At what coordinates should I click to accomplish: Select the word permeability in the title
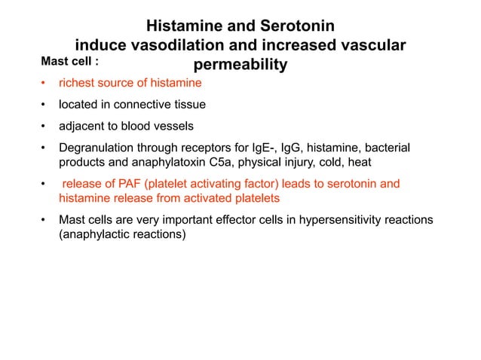pos(240,66)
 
